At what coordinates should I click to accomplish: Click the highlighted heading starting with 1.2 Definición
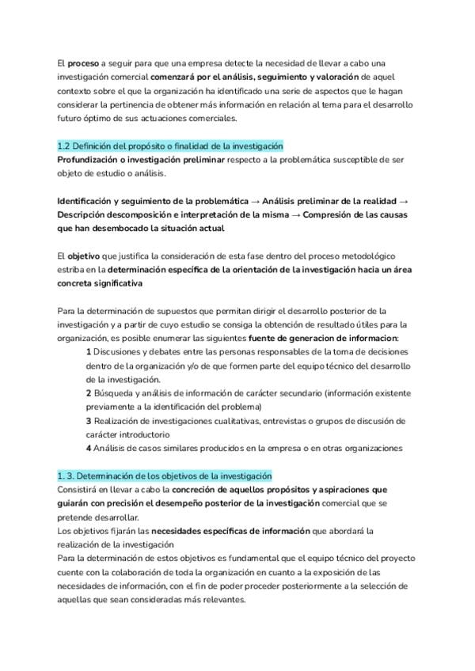click(x=170, y=147)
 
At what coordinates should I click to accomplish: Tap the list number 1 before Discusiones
click(x=89, y=351)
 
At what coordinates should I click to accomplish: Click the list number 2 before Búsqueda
click(x=89, y=392)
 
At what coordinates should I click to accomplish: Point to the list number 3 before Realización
click(x=89, y=420)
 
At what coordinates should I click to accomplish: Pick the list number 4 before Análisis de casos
click(x=89, y=448)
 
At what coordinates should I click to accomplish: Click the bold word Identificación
click(x=89, y=201)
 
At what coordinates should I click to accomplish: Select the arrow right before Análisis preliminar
click(x=255, y=201)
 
